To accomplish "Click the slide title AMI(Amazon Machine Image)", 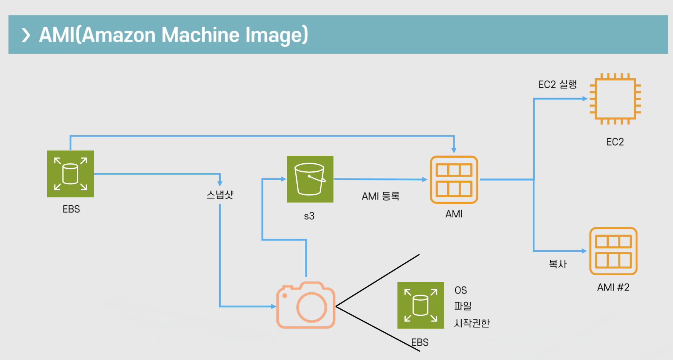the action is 174,35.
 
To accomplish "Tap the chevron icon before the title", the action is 26,35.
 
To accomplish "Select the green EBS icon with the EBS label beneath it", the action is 70,174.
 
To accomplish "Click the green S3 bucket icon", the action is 310,179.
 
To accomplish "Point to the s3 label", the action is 309,216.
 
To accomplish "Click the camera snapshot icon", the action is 306,305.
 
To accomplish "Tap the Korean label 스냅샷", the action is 220,195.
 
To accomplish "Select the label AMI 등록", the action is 380,196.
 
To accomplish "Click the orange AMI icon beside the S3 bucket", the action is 454,180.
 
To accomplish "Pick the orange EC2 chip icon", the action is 615,99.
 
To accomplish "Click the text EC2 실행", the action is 558,84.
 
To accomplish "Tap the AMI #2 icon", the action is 614,251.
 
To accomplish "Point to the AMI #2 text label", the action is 613,287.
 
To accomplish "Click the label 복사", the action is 558,264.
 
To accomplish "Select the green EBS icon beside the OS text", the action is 421,305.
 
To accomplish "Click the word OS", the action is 461,290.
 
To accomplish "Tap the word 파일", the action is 463,306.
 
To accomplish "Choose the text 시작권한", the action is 472,323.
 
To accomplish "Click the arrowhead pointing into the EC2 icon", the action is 585,99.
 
